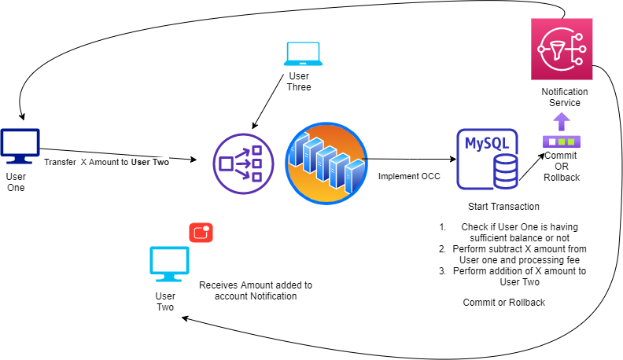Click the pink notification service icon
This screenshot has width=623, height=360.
click(x=562, y=49)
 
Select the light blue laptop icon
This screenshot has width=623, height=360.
click(x=303, y=53)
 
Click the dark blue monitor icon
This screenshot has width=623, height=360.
click(x=20, y=145)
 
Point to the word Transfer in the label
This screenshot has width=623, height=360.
click(x=60, y=162)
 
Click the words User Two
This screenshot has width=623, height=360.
click(x=149, y=162)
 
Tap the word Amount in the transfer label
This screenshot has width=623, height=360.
click(x=108, y=162)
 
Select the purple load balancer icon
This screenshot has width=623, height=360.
click(x=243, y=163)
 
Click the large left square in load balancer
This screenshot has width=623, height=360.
click(x=227, y=163)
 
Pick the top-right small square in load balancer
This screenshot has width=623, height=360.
click(x=256, y=151)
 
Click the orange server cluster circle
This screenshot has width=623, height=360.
click(x=326, y=163)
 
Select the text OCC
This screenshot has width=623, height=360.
click(x=430, y=176)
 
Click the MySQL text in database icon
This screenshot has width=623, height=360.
click(x=486, y=143)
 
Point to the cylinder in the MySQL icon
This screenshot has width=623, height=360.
click(x=506, y=171)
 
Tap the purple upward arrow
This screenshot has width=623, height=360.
click(x=561, y=121)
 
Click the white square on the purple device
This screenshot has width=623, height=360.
click(x=552, y=141)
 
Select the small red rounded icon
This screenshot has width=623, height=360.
click(x=201, y=233)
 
